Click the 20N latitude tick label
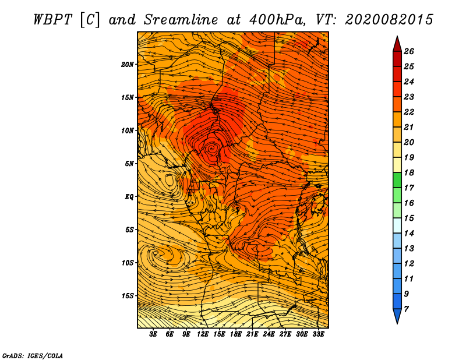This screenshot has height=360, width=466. pyautogui.click(x=128, y=64)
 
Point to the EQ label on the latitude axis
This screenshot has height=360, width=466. pyautogui.click(x=129, y=196)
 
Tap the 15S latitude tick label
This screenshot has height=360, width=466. pyautogui.click(x=128, y=295)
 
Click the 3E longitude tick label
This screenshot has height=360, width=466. pyautogui.click(x=154, y=334)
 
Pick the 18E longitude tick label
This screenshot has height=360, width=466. pyautogui.click(x=235, y=334)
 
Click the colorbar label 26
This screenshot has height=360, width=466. pyautogui.click(x=408, y=51)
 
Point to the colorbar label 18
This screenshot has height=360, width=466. pyautogui.click(x=408, y=172)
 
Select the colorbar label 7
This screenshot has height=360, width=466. pyautogui.click(x=406, y=309)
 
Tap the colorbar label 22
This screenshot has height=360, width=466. pyautogui.click(x=408, y=112)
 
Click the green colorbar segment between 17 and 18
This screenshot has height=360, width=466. pyautogui.click(x=397, y=180)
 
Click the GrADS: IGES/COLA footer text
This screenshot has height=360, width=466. pyautogui.click(x=32, y=355)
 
